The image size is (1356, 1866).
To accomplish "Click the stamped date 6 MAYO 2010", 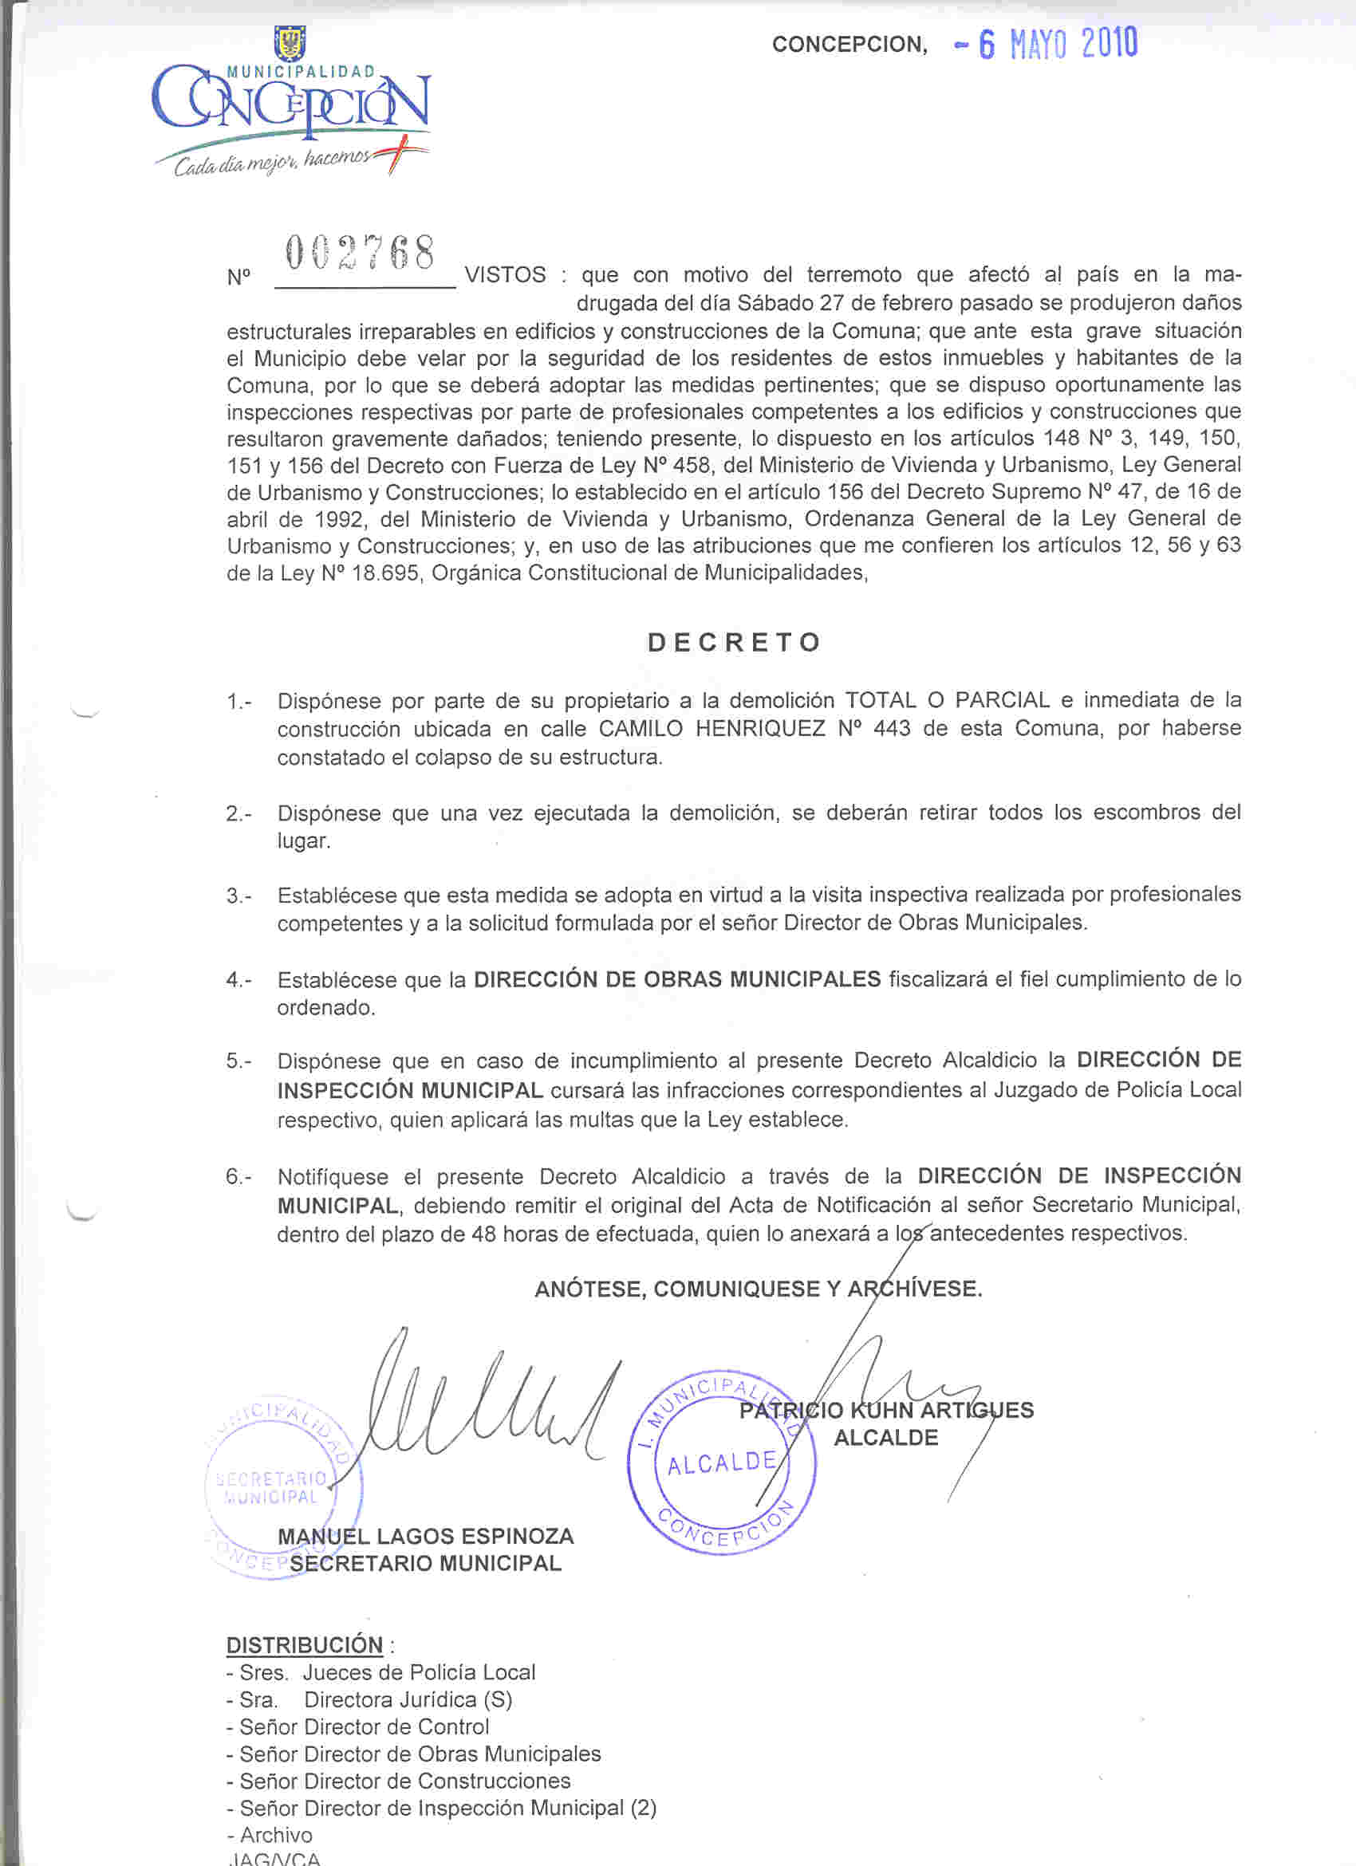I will click(x=1057, y=44).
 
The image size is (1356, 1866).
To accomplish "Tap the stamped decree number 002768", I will click(x=360, y=254).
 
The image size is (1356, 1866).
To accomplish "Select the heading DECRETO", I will click(x=734, y=642).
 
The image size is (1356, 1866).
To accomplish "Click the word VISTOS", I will click(x=505, y=275).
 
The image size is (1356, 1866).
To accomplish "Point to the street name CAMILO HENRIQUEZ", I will click(x=711, y=729).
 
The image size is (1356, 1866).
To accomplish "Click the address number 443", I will click(x=892, y=729).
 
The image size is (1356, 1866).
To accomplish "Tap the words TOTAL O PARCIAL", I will click(x=948, y=700).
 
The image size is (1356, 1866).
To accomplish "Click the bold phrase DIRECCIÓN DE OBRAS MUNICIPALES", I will click(x=677, y=979).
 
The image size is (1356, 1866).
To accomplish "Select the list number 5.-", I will click(x=238, y=1061).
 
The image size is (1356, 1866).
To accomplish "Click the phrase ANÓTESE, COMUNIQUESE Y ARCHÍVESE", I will click(x=758, y=1289).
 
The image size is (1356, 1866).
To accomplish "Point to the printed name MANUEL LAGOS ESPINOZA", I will click(x=425, y=1536).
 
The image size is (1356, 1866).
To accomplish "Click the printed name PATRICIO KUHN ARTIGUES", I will click(x=886, y=1410).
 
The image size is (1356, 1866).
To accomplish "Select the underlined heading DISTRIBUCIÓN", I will click(x=305, y=1645).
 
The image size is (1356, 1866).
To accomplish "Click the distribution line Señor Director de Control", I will click(x=364, y=1727).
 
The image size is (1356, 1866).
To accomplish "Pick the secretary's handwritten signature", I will click(x=486, y=1411).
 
